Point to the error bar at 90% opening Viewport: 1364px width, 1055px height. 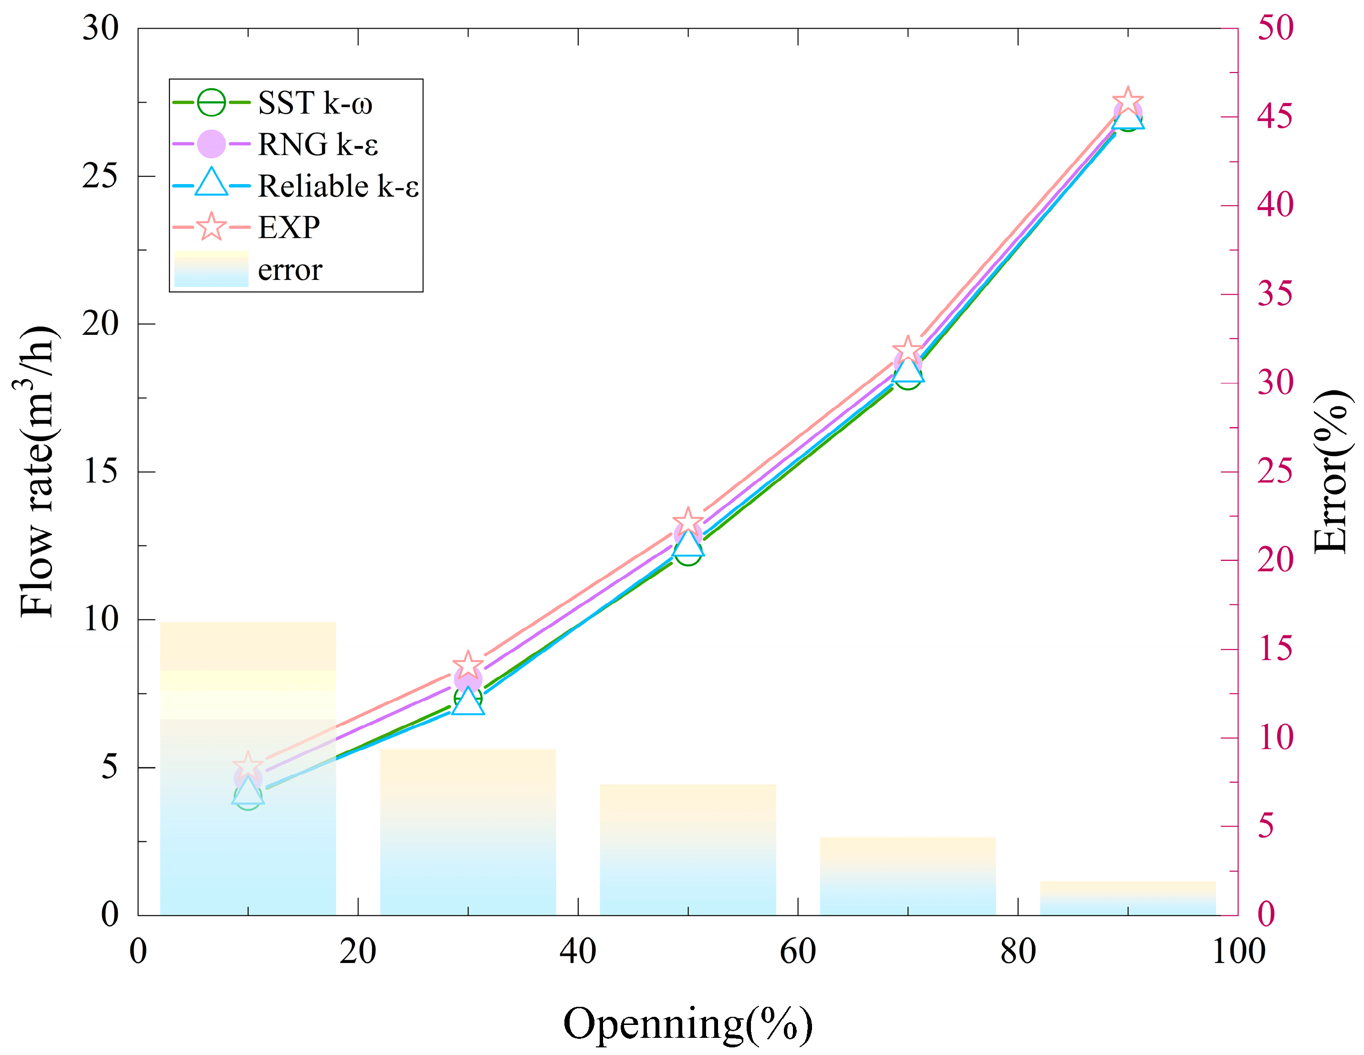(x=1128, y=899)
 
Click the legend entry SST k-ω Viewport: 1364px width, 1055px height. (x=315, y=103)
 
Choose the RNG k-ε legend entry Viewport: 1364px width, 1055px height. (x=317, y=144)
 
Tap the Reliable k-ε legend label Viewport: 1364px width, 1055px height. (x=338, y=186)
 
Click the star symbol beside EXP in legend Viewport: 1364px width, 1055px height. (x=211, y=227)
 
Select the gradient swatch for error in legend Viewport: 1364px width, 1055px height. (x=211, y=269)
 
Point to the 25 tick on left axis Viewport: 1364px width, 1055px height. (x=100, y=176)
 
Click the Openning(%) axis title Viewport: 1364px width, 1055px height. (x=687, y=1024)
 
